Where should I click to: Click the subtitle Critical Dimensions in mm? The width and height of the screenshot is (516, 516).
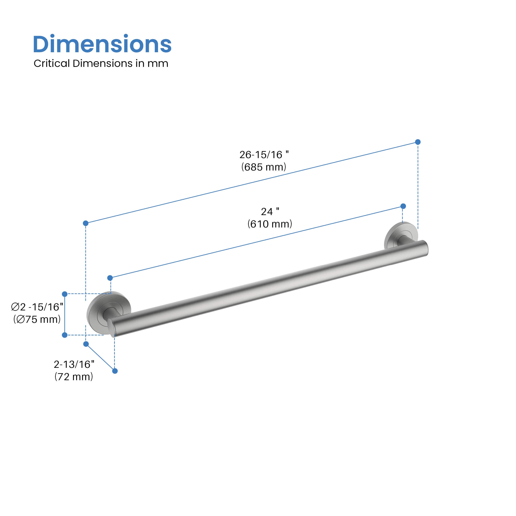101,64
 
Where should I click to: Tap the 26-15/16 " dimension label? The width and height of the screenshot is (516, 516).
264,155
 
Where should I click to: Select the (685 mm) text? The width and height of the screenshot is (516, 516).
264,167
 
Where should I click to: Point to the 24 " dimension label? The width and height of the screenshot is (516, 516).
270,212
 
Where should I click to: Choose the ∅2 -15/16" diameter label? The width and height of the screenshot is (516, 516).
37,307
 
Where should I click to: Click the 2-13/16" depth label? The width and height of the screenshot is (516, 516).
74,364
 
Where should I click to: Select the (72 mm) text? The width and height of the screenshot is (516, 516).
74,377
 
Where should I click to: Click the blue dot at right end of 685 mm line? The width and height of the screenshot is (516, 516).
418,142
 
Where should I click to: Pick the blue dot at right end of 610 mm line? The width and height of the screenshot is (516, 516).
403,206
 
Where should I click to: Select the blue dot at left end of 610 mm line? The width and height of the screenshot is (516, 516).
110,278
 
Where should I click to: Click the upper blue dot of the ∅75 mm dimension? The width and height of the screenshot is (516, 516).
65,294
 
